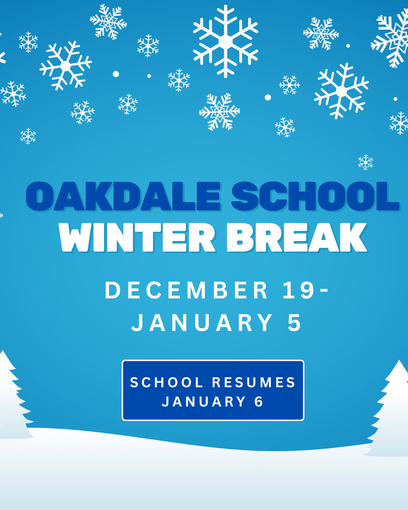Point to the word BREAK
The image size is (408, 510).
[297, 238]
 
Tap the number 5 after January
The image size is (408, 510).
[295, 323]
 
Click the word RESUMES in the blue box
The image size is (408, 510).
[254, 382]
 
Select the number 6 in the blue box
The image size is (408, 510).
[259, 401]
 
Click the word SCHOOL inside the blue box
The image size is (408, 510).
[167, 382]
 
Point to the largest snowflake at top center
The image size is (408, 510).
[226, 41]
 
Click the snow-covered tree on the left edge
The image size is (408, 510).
[11, 398]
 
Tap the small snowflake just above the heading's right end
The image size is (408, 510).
[366, 162]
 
